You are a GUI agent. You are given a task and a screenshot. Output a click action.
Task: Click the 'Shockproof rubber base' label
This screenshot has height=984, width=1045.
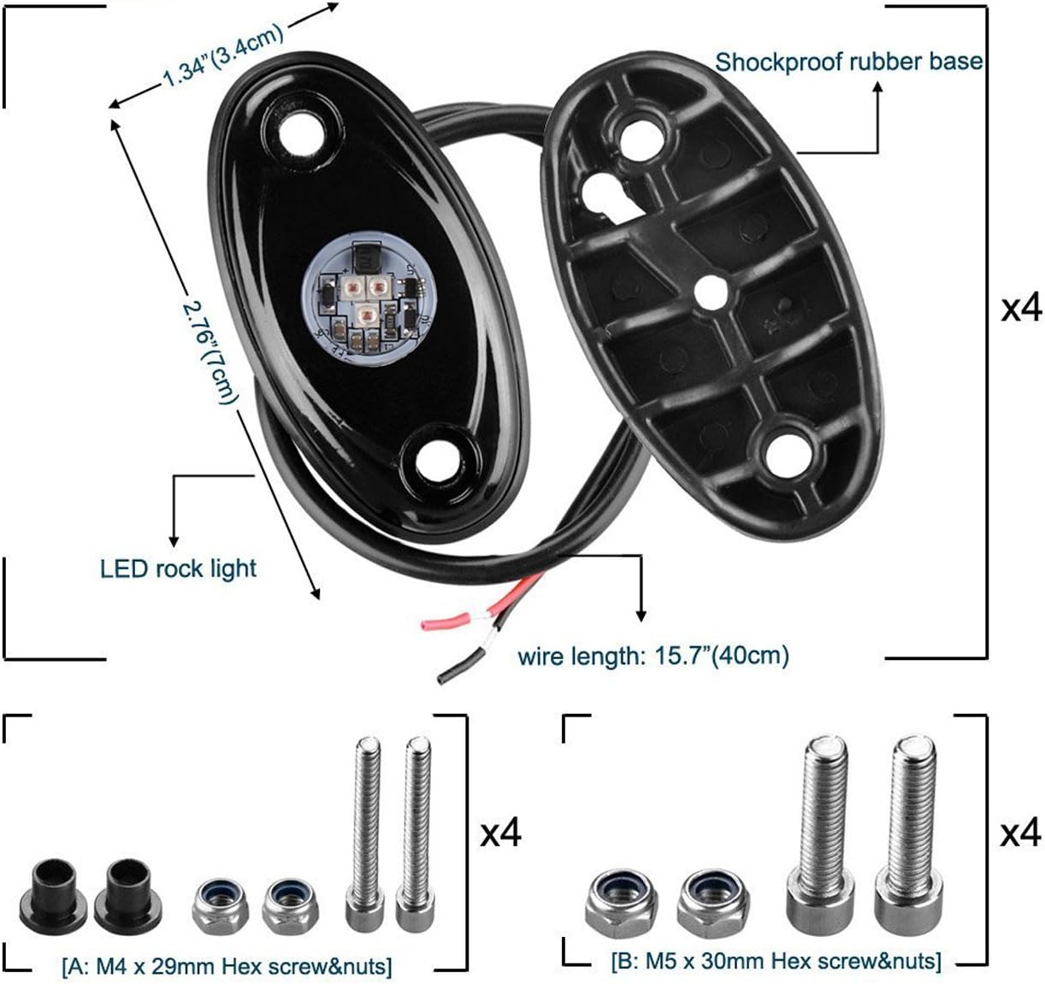tap(848, 62)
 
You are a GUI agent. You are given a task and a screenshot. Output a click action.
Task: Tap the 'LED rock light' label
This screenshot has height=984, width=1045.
tap(178, 568)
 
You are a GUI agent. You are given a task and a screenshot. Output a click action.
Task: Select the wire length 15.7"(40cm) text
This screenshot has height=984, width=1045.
tap(653, 656)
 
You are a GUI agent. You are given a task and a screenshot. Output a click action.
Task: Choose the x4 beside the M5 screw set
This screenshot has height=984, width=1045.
tap(1021, 832)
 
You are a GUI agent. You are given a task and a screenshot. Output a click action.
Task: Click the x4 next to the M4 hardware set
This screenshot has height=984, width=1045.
tap(500, 832)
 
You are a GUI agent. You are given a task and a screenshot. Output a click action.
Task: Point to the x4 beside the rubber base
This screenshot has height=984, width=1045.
tap(1021, 306)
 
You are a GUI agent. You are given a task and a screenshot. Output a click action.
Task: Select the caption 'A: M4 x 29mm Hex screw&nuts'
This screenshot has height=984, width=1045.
tap(227, 966)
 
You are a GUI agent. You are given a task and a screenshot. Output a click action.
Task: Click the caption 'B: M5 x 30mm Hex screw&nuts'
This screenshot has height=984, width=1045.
tap(776, 961)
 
